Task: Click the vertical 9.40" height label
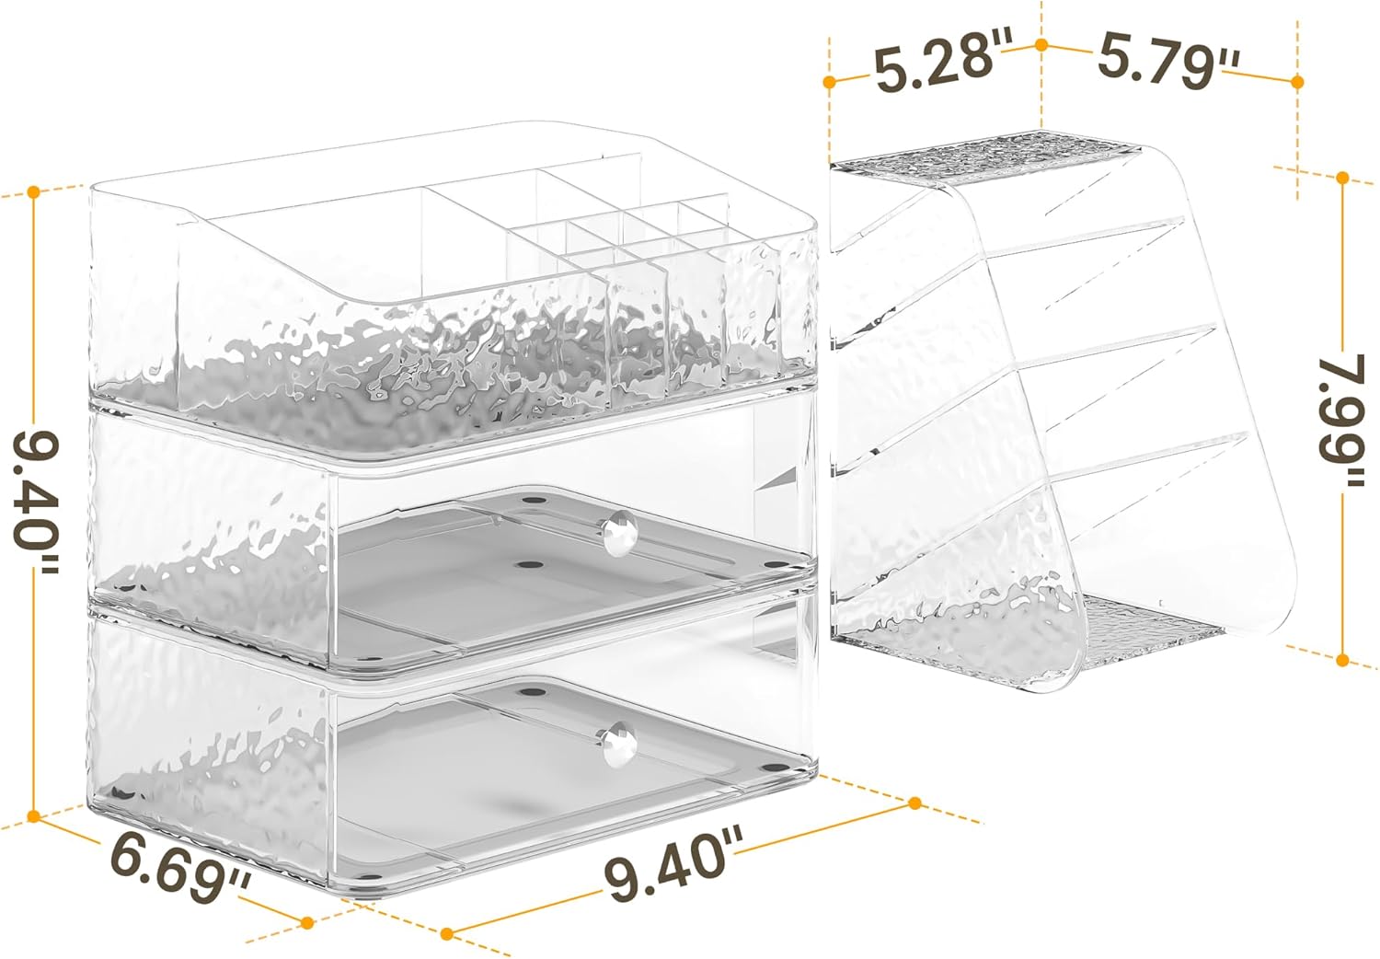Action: point(36,503)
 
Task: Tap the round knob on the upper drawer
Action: point(620,535)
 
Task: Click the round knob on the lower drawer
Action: point(620,745)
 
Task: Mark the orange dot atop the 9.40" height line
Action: point(34,192)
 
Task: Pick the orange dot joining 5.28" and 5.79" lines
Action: point(1041,45)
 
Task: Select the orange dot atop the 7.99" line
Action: point(1343,179)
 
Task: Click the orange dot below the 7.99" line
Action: point(1343,661)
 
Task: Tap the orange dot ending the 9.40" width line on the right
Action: point(915,803)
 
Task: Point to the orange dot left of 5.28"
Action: point(829,81)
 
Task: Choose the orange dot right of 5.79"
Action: point(1297,82)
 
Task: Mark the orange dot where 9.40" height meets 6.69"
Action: point(34,816)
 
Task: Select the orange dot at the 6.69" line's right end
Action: point(307,922)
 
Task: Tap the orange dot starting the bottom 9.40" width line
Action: point(448,934)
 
